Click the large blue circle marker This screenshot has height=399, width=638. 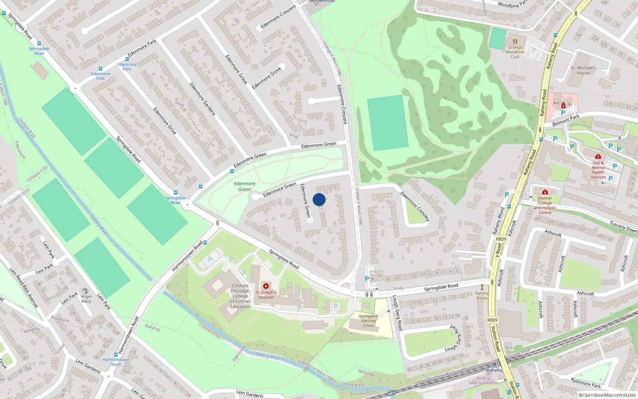319,199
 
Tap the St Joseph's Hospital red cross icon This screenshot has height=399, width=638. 266,286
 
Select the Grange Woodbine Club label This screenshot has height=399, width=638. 515,52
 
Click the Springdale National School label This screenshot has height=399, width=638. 368,321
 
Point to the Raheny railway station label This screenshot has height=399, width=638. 494,370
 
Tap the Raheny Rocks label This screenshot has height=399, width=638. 482,296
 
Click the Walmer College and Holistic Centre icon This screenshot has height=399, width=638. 545,192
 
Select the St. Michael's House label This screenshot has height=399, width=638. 583,71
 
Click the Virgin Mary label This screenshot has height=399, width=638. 86,299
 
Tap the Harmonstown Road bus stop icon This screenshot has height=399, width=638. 205,243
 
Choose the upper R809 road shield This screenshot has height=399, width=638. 501,239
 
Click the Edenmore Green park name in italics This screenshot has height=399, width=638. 244,186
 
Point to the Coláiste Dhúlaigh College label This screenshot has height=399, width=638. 240,296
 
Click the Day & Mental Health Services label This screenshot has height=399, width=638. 598,170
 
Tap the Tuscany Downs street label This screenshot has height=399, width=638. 623,227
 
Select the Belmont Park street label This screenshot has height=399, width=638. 565,120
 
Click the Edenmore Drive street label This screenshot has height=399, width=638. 165,121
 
